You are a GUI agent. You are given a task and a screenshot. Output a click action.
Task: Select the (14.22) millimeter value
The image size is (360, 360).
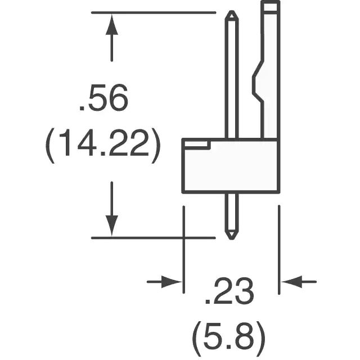click(x=102, y=146)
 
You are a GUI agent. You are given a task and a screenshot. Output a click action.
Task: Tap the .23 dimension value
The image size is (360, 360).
click(x=229, y=291)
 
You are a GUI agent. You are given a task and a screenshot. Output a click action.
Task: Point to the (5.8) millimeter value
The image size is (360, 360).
click(x=229, y=339)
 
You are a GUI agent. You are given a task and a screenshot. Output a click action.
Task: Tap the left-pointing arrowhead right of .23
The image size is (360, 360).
click(x=292, y=281)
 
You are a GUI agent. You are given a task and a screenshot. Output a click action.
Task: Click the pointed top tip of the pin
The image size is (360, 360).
click(x=232, y=11)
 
